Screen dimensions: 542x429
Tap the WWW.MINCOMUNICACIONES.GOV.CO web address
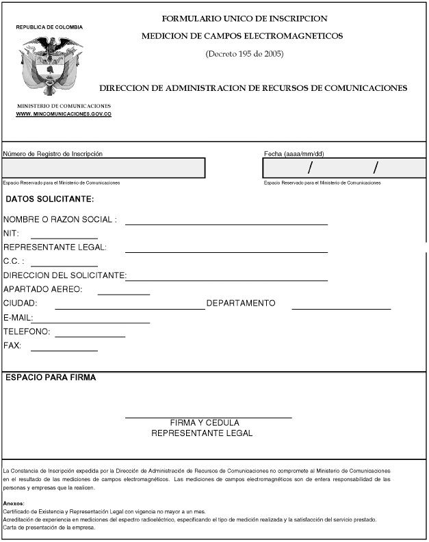click(x=64, y=114)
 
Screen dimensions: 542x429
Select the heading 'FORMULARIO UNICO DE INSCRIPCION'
click(x=244, y=18)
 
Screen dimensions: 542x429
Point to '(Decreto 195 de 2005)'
click(x=244, y=53)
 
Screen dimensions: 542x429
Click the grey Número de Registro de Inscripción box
click(x=103, y=168)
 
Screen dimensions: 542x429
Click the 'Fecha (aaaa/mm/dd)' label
click(x=294, y=154)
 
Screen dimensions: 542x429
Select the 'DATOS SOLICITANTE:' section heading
click(x=50, y=200)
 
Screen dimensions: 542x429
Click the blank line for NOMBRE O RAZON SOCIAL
click(x=226, y=223)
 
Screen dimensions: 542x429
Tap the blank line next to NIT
click(x=64, y=236)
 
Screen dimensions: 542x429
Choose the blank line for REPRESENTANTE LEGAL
click(x=226, y=251)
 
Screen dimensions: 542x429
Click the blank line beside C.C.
click(x=64, y=265)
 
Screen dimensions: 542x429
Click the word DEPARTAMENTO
click(x=241, y=303)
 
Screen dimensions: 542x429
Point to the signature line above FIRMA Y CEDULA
click(x=208, y=416)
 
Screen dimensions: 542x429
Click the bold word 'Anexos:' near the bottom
click(x=14, y=504)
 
